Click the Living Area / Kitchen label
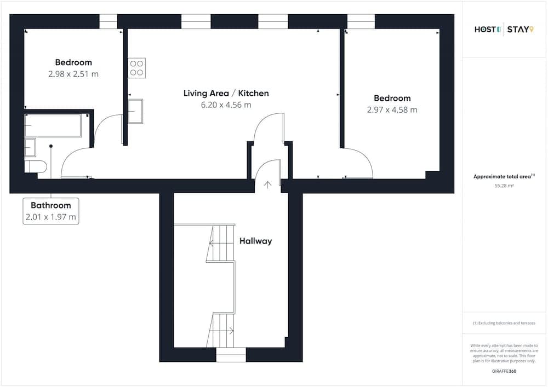point(226,93)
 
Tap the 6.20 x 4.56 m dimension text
point(226,105)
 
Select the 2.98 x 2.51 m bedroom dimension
point(73,74)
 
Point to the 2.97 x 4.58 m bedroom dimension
point(392,109)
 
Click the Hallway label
point(255,241)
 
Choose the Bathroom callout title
point(50,205)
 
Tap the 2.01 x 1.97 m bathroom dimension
point(50,217)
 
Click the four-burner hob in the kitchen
point(136,68)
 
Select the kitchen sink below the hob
point(135,111)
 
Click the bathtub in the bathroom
point(53,125)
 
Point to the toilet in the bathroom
point(35,166)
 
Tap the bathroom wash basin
point(30,148)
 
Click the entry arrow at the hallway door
point(268,185)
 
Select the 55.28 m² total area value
point(504,186)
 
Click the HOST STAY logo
point(504,30)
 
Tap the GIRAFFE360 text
point(504,371)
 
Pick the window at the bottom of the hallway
point(231,355)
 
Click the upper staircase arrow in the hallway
point(211,243)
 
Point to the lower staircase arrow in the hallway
point(232,330)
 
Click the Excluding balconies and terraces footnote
point(504,323)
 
